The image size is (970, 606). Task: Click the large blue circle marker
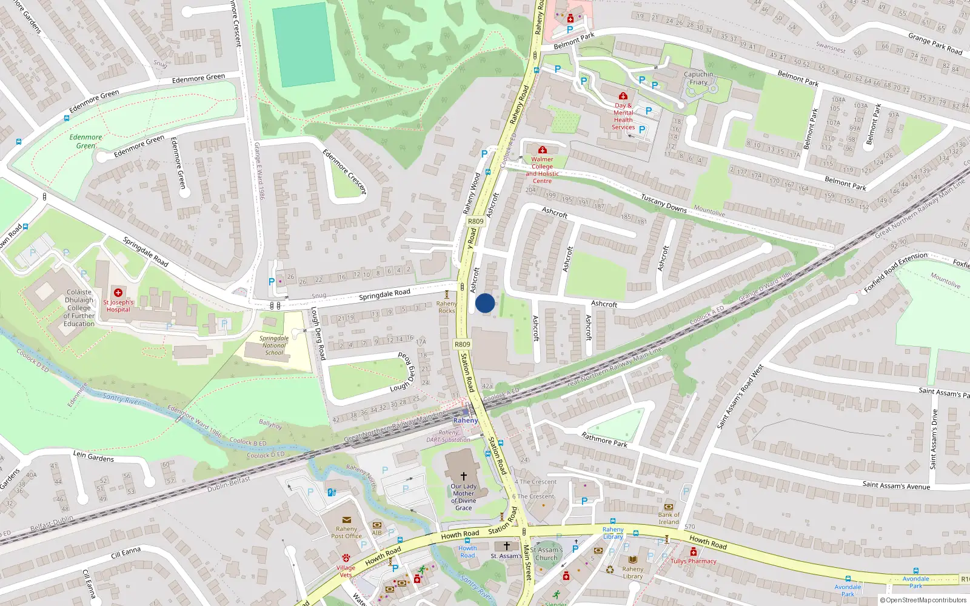[485, 303]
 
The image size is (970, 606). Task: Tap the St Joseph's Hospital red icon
[118, 293]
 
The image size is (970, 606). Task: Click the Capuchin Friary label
[698, 78]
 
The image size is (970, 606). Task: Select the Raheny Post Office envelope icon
[347, 520]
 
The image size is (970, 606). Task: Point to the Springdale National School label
[274, 345]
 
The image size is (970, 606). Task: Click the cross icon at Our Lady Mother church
[464, 476]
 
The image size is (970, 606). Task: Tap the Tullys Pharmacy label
[693, 561]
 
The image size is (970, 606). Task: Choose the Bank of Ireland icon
[669, 507]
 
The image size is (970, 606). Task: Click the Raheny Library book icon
[633, 559]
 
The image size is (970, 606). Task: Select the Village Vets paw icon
[346, 558]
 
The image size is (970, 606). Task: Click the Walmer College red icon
[542, 150]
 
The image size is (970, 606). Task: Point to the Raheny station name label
[466, 421]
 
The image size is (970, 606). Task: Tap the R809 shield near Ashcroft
[476, 221]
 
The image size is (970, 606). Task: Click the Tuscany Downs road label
[664, 203]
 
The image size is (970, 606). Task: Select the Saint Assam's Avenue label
[896, 485]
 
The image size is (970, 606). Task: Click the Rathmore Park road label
[604, 439]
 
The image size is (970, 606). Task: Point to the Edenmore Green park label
[85, 141]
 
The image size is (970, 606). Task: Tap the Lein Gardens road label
[93, 456]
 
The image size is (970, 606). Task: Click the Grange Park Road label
[935, 44]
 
